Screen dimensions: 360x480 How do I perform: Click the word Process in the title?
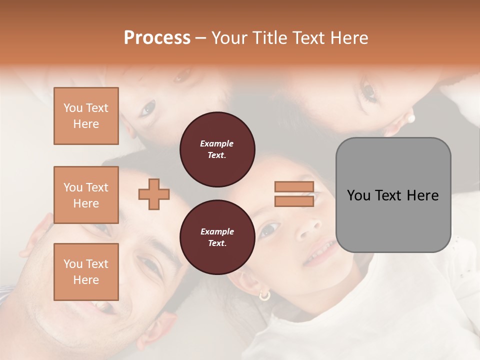coord(157,38)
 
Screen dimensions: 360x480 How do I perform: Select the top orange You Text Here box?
coord(86,116)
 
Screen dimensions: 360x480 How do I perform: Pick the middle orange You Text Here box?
coord(86,195)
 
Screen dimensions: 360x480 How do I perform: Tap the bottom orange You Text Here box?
coord(86,272)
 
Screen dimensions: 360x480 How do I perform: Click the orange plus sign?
coord(154,194)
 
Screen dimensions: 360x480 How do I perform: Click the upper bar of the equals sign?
coord(294,187)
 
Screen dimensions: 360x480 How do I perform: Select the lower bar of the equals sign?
coord(294,201)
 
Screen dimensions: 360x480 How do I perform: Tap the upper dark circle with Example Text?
coord(217,149)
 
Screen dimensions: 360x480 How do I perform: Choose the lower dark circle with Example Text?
coord(217,237)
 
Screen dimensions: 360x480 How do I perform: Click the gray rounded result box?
coord(393,195)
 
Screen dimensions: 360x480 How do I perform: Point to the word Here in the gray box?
coord(423,195)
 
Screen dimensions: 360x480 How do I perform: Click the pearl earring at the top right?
coord(411,118)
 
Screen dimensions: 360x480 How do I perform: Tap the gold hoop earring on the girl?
coord(264,295)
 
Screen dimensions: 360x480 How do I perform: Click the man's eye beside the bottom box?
coord(151,267)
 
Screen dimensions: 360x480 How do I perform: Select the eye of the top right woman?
coord(369,91)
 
